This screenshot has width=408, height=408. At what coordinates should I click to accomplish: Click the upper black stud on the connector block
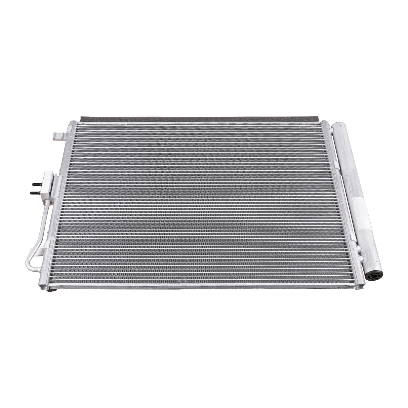coord(35,184)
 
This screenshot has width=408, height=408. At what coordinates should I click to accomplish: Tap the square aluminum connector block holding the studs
coord(49,183)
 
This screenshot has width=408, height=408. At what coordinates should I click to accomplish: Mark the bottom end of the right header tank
coord(359,286)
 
